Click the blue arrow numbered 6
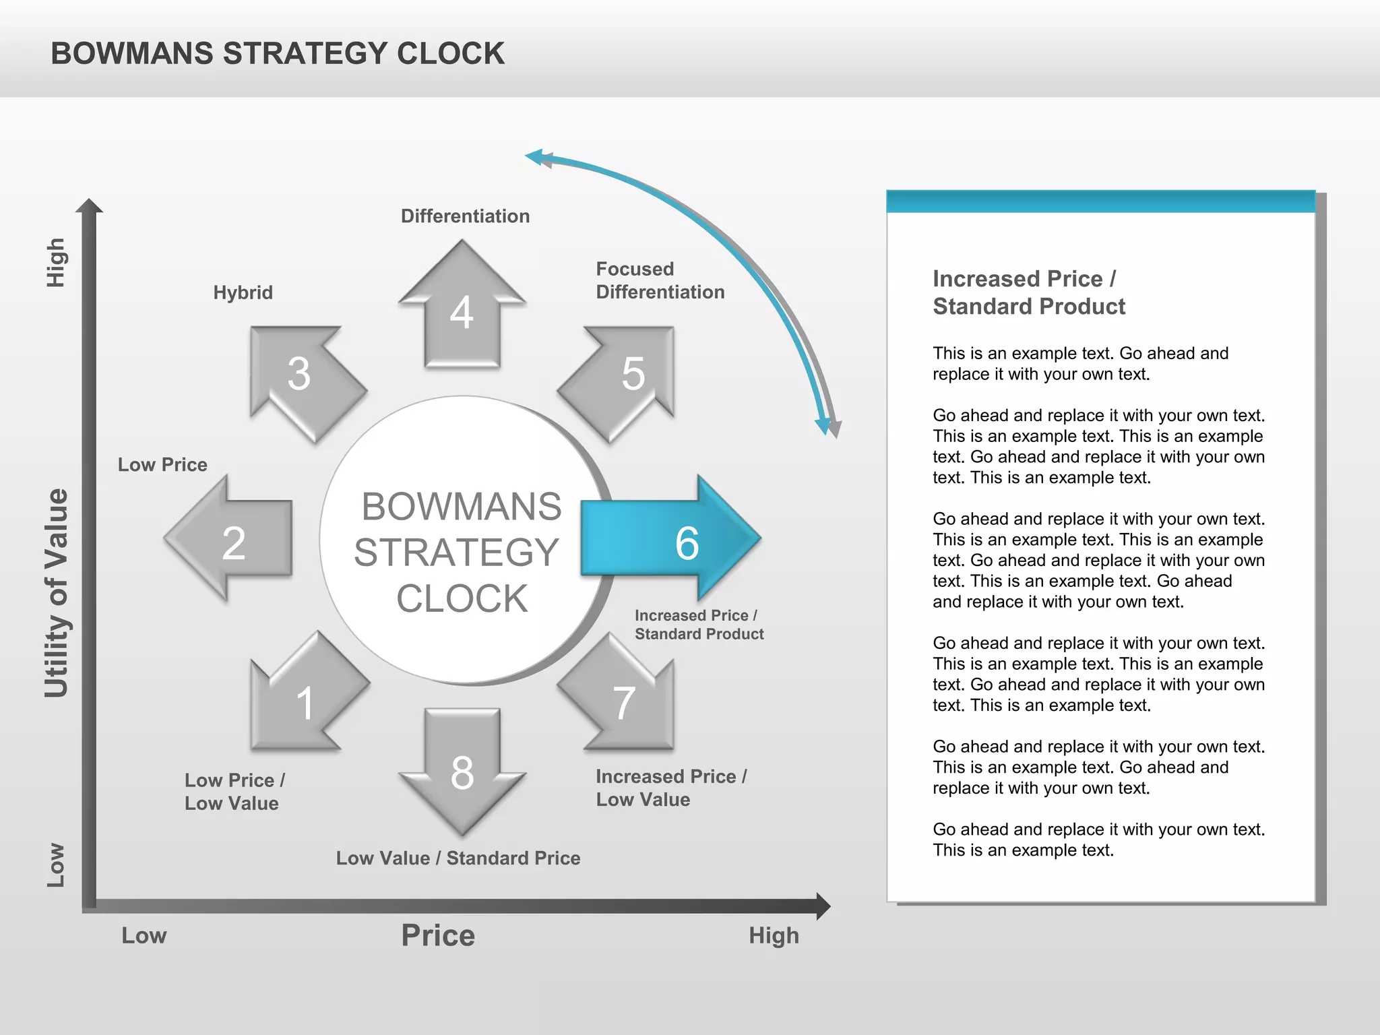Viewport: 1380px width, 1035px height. [x=670, y=539]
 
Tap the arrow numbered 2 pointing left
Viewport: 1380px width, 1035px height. [x=232, y=539]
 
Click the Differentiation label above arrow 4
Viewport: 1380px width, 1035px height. [x=465, y=216]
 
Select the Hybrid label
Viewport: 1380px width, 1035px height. [x=243, y=292]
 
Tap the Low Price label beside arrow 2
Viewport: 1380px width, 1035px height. [x=162, y=465]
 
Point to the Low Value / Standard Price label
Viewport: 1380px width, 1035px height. [x=458, y=858]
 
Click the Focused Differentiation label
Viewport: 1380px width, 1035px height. [x=660, y=280]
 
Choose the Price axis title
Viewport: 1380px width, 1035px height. [x=438, y=935]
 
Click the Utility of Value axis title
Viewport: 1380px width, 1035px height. [x=57, y=593]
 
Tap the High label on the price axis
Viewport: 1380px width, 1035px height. [x=774, y=935]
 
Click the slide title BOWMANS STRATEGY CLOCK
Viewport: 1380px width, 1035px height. [x=278, y=54]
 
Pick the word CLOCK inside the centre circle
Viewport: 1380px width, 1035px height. [x=462, y=598]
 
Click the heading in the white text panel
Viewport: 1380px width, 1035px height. [x=1028, y=292]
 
